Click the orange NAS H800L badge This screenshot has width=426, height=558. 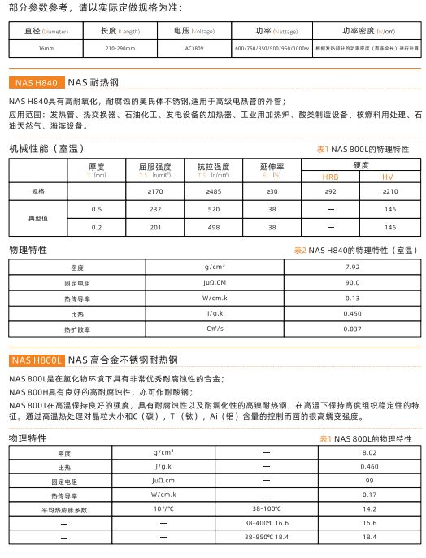tap(37, 360)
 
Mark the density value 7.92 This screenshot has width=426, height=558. tap(352, 267)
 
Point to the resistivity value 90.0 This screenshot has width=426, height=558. tap(352, 282)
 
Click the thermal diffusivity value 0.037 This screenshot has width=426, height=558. tap(352, 329)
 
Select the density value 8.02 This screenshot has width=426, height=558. tap(369, 452)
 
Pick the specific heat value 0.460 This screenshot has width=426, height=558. tap(369, 467)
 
